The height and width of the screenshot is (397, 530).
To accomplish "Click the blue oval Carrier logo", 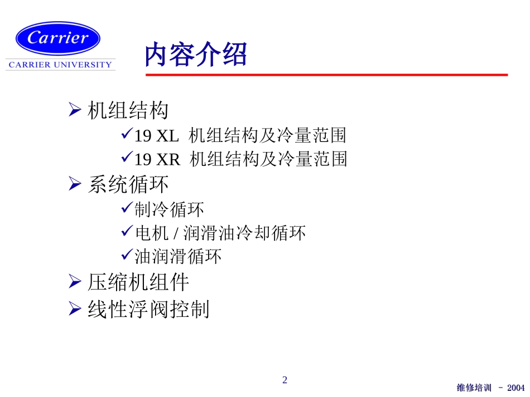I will (58, 37).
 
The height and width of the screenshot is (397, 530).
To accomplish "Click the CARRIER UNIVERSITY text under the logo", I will (60, 65).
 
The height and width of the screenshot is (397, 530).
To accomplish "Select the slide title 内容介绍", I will (195, 55).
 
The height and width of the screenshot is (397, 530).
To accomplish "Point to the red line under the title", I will (326, 75).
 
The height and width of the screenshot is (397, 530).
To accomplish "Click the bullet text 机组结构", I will (128, 111).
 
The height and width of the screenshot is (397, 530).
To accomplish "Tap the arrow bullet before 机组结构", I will (75, 110).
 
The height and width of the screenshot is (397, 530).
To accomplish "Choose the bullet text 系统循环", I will (128, 184).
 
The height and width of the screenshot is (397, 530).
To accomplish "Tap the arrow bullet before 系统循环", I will (75, 184).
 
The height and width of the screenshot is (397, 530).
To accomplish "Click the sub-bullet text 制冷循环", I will (169, 209).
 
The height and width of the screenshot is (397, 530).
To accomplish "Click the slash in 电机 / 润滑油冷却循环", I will (177, 233).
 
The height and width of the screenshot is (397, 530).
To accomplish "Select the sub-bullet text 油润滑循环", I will (178, 256).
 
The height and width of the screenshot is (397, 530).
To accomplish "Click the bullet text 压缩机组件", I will (138, 282).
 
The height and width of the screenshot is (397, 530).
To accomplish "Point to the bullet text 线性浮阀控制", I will (148, 309).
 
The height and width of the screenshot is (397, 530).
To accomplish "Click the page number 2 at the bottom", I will (285, 380).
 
